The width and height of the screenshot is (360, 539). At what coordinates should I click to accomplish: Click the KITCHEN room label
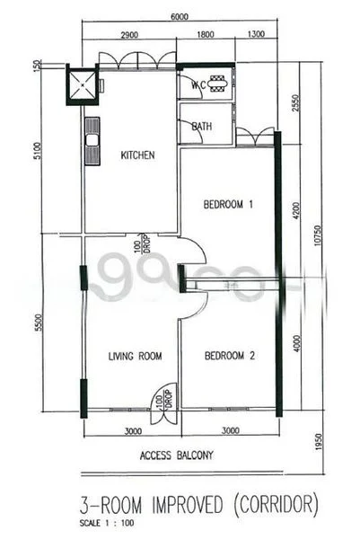[137, 155]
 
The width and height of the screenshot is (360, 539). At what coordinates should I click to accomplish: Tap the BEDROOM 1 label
[229, 205]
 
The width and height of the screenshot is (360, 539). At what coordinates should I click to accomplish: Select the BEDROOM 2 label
[231, 356]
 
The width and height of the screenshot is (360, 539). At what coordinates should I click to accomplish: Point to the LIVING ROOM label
[135, 357]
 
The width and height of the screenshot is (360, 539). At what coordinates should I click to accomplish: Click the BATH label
[202, 127]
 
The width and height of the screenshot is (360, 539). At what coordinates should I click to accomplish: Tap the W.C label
[198, 86]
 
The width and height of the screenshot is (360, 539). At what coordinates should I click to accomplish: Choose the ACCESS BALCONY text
[176, 455]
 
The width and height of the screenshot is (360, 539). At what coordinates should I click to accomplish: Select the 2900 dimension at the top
[127, 34]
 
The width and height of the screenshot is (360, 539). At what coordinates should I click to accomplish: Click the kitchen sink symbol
[90, 141]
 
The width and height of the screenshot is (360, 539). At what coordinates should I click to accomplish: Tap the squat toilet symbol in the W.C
[219, 83]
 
